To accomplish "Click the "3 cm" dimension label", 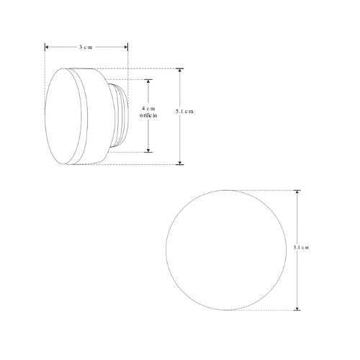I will point(86,46).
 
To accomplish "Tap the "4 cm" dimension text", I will point(148,108).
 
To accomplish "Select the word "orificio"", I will point(148,116).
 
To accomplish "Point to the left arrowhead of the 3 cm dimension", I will point(48,46).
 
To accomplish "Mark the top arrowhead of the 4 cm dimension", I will point(148,81).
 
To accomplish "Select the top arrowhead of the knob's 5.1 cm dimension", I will point(180,71).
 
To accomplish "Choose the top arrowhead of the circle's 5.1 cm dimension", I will point(297,192).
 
